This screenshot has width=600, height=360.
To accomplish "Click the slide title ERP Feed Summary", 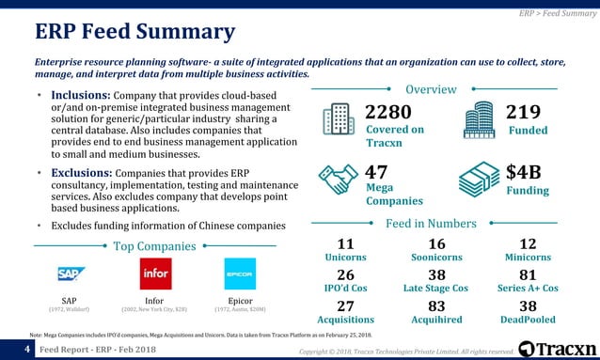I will click(134, 32).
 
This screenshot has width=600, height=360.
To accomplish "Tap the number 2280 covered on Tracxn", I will click(387, 112).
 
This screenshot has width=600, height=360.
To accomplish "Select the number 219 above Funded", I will click(523, 112).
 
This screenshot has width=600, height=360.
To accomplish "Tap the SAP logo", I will click(69, 274).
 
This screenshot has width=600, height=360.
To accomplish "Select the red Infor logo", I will click(154, 274).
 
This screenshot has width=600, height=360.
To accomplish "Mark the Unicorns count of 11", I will click(345, 243).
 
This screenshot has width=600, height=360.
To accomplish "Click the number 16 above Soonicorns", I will click(436, 243).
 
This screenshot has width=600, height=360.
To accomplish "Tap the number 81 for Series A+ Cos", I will click(528, 274).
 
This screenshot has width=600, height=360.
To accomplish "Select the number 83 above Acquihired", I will click(436, 305).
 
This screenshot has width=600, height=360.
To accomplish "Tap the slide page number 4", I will click(16, 350).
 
